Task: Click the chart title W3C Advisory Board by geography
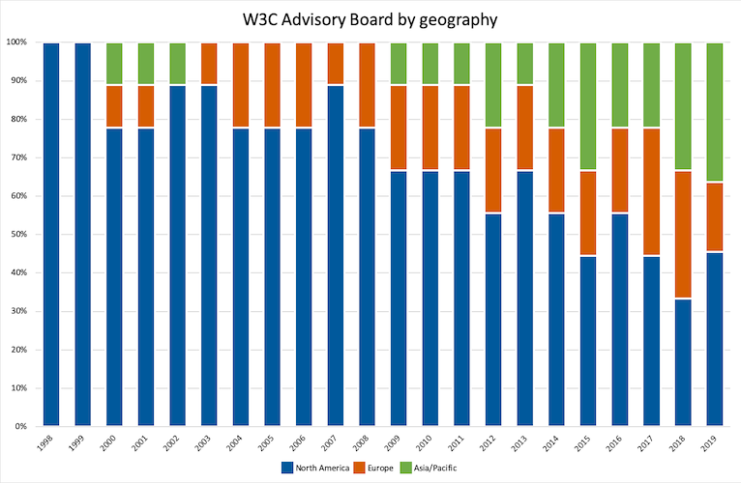point(370,17)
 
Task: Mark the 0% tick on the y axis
point(19,426)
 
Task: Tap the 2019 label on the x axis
point(714,445)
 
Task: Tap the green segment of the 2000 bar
point(115,64)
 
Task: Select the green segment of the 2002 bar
point(178,64)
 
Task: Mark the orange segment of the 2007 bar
point(336,64)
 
